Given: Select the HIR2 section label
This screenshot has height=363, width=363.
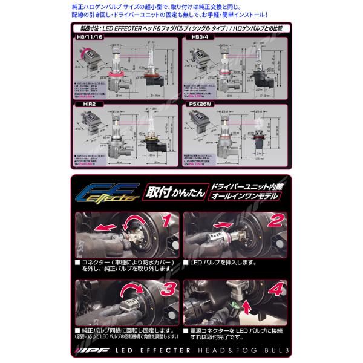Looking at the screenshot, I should point(82,104).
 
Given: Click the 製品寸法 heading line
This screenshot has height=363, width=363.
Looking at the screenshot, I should point(181,28).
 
